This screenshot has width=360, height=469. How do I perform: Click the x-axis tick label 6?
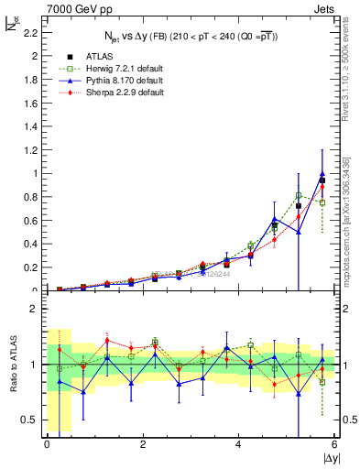click(335, 444)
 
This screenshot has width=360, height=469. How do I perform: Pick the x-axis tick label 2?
click(143, 444)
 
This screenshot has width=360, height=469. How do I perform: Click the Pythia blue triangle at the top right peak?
click(322, 175)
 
